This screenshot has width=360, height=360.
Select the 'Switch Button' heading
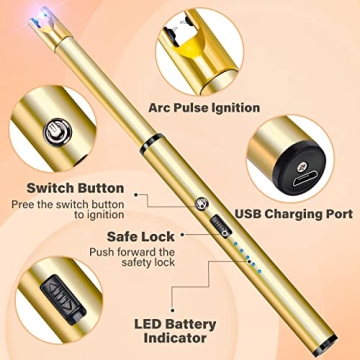click(x=75, y=187)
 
